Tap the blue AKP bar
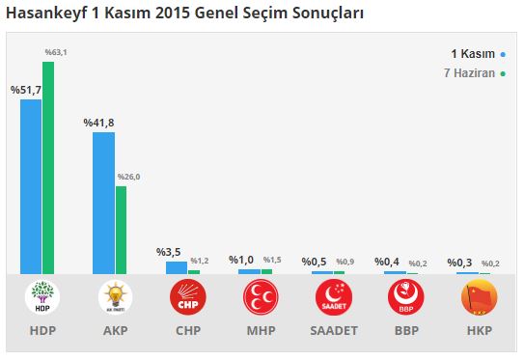[x=103, y=203]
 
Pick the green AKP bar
[x=121, y=230]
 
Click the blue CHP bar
[x=176, y=267]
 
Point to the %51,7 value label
[x=25, y=90]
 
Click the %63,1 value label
[x=55, y=52]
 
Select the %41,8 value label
[x=98, y=123]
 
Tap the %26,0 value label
[x=128, y=177]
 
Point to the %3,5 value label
[x=169, y=252]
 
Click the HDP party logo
[x=41, y=297]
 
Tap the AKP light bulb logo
[x=114, y=297]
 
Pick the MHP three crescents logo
[x=260, y=297]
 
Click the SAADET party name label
[x=332, y=330]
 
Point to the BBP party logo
[x=404, y=297]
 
